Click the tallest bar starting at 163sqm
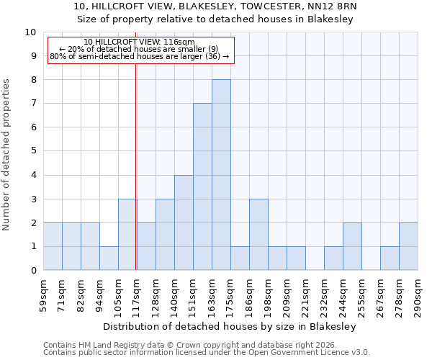tap(221, 175)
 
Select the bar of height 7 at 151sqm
tap(202, 186)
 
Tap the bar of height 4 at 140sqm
tap(184, 222)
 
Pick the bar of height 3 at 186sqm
tap(258, 235)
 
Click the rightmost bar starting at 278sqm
tap(408, 246)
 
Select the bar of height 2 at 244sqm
tap(352, 246)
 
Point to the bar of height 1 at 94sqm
tap(109, 258)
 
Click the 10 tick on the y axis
tap(30, 32)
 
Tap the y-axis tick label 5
tap(33, 151)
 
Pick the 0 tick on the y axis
tap(33, 271)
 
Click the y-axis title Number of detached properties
tap(7, 156)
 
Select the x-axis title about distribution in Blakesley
tap(230, 326)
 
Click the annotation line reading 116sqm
tap(139, 42)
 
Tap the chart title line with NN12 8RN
tap(215, 6)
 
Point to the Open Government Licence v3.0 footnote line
tap(207, 353)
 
